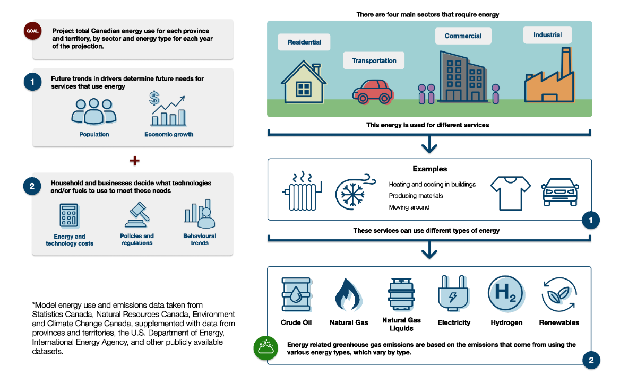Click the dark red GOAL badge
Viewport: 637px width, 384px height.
point(33,31)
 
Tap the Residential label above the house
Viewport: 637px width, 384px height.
point(304,42)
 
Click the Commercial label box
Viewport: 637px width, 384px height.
point(463,36)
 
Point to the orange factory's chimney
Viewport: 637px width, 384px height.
point(566,62)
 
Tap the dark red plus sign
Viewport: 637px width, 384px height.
point(134,160)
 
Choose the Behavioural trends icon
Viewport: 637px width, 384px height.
point(200,213)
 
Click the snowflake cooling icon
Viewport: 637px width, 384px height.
point(351,190)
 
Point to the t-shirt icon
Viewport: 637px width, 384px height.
point(510,190)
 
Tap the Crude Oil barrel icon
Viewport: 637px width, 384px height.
point(296,295)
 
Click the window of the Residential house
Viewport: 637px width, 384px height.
point(304,89)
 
